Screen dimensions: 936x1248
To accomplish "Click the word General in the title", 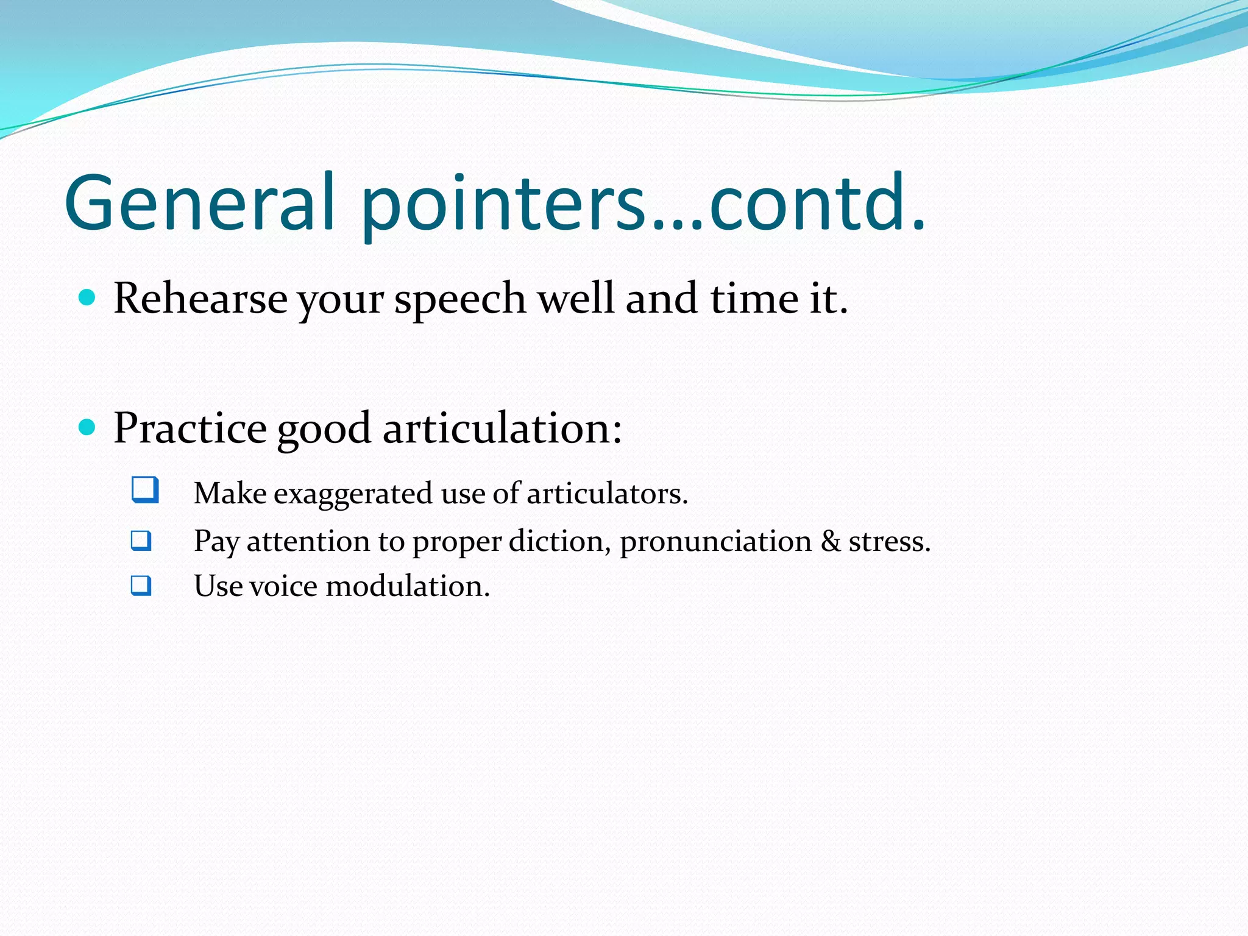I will (200, 203).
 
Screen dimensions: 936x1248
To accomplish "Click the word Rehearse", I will (200, 299).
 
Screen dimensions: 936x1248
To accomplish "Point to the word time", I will (754, 299).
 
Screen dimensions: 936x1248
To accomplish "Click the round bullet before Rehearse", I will (88, 298).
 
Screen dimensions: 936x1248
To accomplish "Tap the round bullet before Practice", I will (88, 427).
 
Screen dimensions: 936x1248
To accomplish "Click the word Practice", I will (190, 428).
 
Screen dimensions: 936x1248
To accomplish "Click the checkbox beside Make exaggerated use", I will (145, 490).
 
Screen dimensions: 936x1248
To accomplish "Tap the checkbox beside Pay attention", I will (141, 541).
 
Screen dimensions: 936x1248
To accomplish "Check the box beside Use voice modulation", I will (141, 586).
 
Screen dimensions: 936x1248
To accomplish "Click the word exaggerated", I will (353, 494).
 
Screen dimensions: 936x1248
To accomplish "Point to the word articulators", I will (606, 494).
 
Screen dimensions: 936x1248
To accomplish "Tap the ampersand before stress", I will (830, 541).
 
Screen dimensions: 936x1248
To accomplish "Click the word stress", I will (889, 542).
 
